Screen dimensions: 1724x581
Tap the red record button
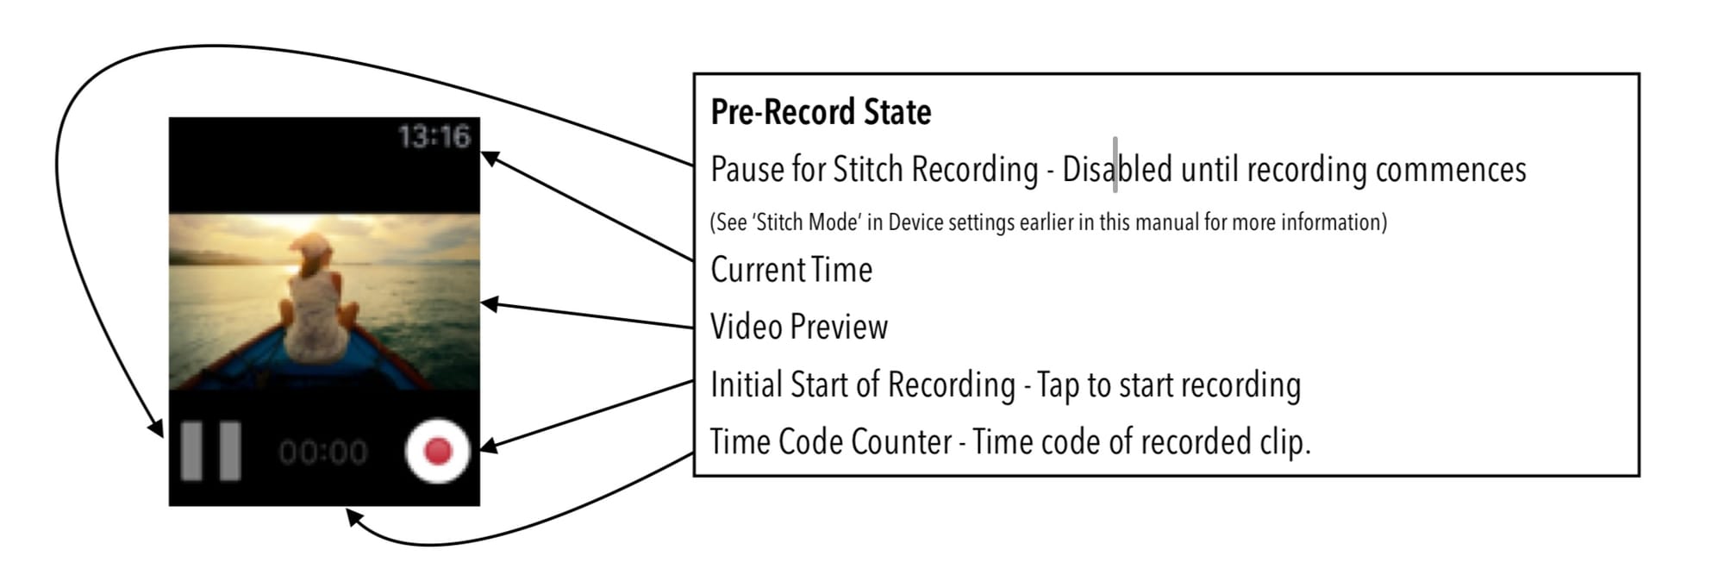[437, 450]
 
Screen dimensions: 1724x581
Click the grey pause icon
[210, 450]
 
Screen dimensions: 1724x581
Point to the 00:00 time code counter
[322, 452]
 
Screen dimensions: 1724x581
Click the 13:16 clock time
[434, 136]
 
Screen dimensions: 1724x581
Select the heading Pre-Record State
[821, 112]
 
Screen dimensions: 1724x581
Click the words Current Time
[791, 270]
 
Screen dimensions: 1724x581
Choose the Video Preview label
[799, 327]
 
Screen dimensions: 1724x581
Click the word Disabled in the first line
[1117, 169]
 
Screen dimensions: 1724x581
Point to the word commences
[1451, 170]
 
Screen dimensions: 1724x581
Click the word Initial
[746, 384]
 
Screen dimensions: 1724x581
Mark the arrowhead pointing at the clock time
[488, 158]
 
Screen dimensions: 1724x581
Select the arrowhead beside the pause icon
[157, 428]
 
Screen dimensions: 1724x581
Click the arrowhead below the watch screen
[353, 517]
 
